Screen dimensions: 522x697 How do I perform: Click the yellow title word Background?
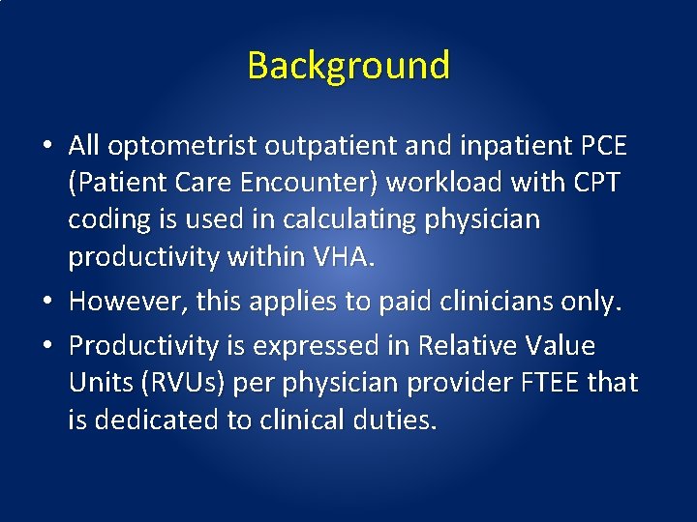[348, 66]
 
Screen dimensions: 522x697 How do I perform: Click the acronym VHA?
[344, 256]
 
